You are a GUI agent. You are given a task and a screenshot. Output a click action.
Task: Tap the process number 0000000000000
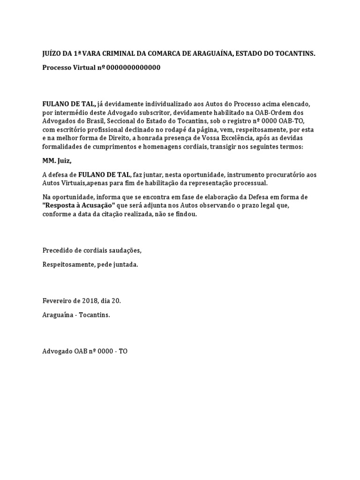[x=133, y=67]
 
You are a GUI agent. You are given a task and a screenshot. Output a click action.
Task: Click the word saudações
[x=124, y=251]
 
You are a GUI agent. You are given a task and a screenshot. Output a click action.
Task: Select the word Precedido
[x=57, y=251]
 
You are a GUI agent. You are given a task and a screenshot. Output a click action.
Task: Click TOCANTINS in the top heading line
[x=294, y=54]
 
